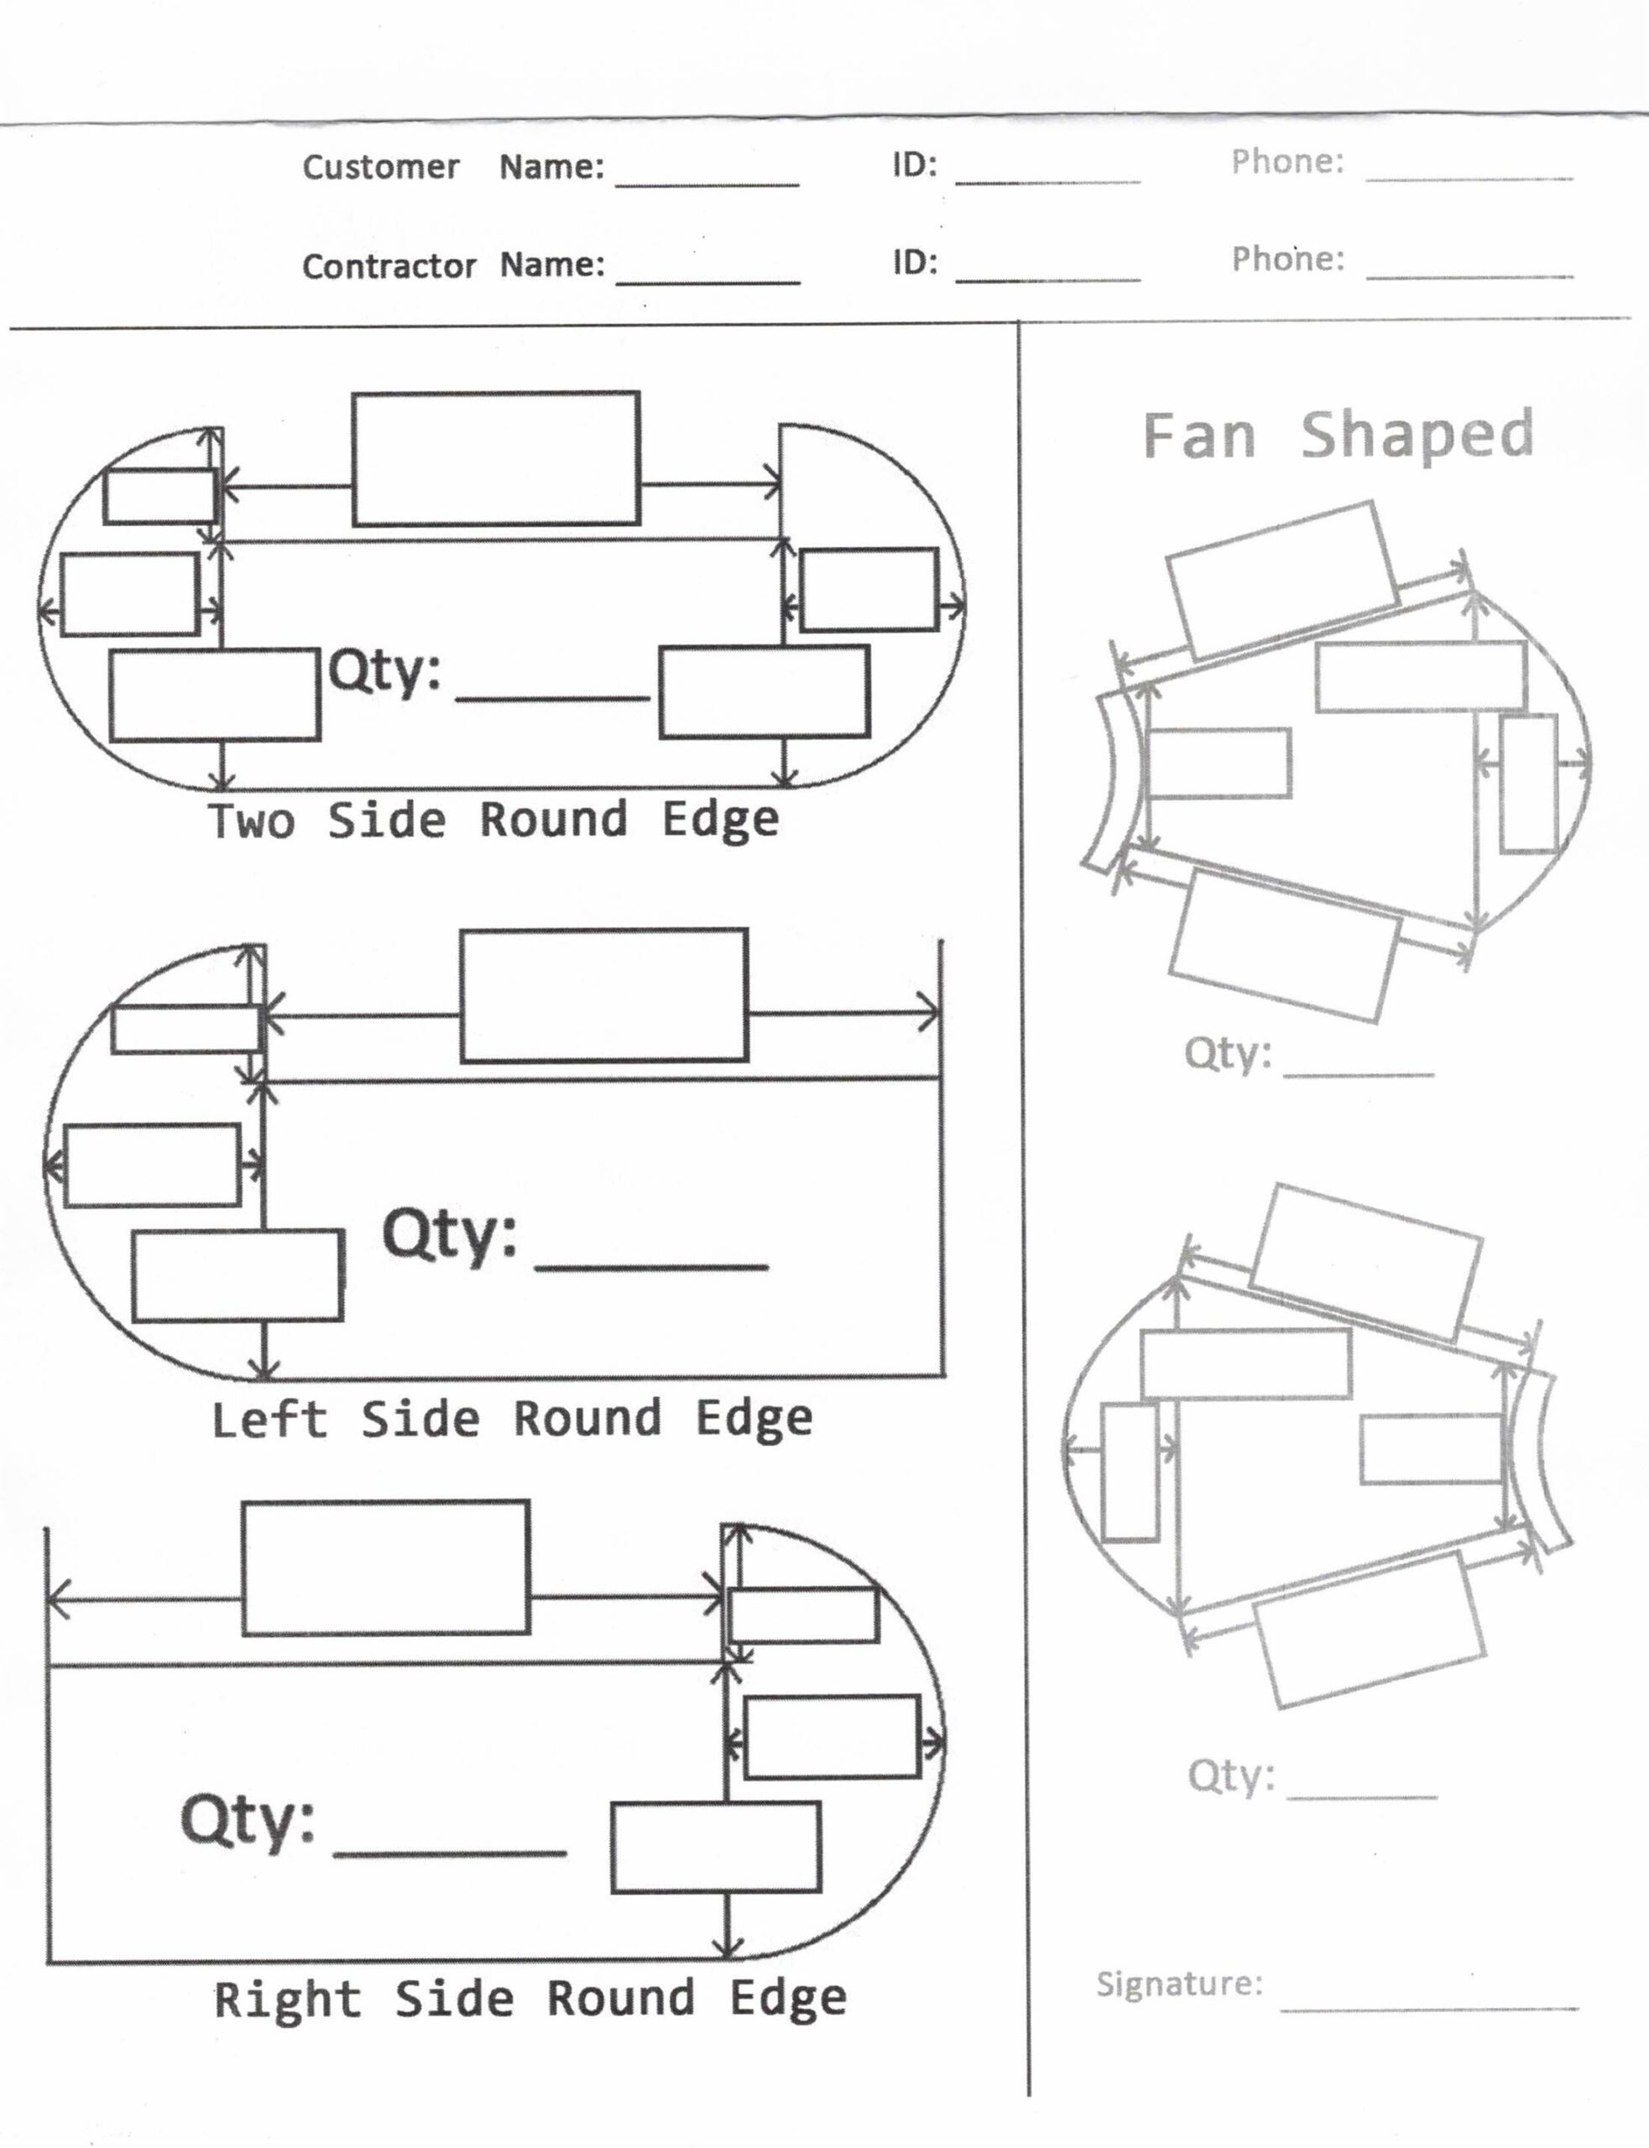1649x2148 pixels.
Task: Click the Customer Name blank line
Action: coord(707,184)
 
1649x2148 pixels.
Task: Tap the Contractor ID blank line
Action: coord(1047,279)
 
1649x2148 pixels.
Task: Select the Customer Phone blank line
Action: coord(1469,179)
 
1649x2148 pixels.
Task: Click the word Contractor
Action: coord(389,266)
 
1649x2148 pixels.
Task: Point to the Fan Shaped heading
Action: coord(1338,435)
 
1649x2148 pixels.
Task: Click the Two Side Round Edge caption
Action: coord(493,820)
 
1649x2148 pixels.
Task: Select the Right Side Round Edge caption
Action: coord(530,1999)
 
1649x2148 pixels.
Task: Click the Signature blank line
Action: coord(1429,2008)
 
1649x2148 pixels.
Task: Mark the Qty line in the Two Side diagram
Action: coord(553,698)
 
